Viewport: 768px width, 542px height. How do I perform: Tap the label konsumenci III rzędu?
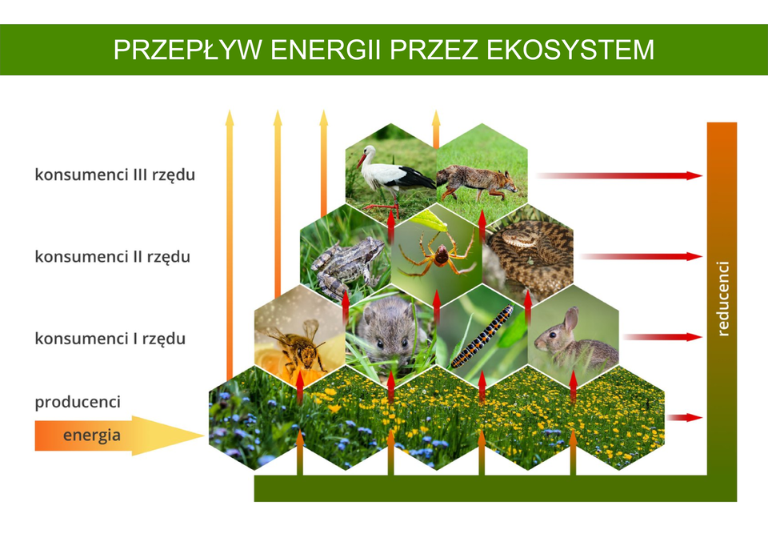(114, 175)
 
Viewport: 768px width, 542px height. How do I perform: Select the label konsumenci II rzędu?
(112, 257)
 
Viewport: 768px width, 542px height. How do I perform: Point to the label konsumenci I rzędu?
(110, 339)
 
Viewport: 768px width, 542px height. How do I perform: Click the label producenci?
(77, 401)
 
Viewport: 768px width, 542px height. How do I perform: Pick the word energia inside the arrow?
(92, 436)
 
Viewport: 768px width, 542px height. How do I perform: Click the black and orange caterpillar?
(482, 335)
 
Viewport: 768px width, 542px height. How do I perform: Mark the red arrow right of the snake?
(640, 257)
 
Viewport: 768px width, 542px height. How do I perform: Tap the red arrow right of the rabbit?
(662, 337)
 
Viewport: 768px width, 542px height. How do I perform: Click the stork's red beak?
(362, 159)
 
